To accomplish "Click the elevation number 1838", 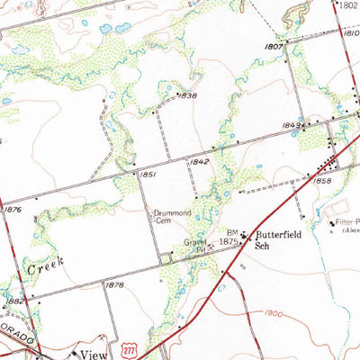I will pos(187,94).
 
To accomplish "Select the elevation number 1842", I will pos(200,162).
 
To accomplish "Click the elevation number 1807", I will pos(274,45).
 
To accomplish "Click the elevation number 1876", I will pos(12,209).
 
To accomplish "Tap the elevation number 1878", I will pos(113,284).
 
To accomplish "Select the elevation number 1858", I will pos(323,181).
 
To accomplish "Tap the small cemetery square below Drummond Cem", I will pos(166,259).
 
